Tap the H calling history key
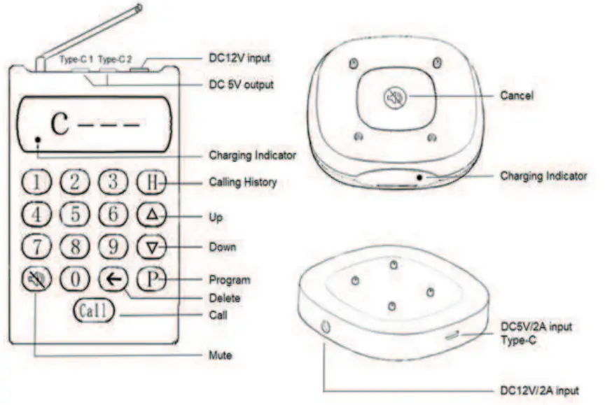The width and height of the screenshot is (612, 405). (x=151, y=183)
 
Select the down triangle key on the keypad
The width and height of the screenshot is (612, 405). (x=151, y=247)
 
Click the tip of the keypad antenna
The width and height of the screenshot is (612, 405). (x=139, y=7)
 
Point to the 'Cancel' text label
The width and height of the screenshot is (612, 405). (x=516, y=95)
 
